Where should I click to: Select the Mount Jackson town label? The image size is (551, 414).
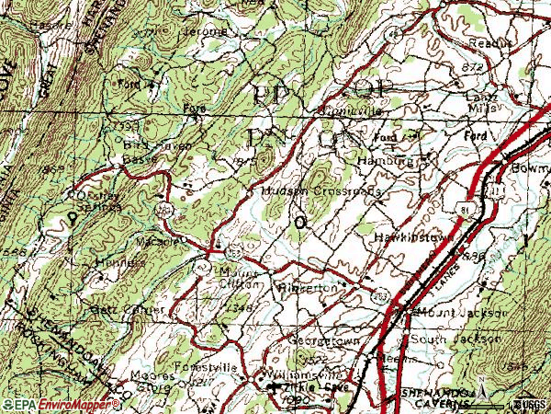[455, 314]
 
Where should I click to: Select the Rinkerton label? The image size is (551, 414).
[309, 287]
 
